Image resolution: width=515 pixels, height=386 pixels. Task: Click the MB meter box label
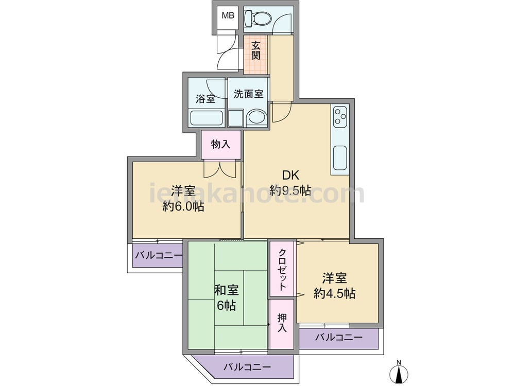228,15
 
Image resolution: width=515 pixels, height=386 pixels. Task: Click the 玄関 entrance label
256,50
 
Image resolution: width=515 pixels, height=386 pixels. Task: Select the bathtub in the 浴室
207,118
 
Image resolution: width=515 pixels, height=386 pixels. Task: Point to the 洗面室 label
249,94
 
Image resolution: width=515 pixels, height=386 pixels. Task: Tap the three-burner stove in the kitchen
339,116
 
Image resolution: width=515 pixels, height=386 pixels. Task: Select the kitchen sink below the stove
340,157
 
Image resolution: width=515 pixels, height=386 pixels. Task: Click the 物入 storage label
221,144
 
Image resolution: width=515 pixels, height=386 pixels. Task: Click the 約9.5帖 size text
290,190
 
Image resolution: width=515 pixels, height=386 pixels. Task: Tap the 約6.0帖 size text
183,206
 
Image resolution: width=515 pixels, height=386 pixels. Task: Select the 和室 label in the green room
226,290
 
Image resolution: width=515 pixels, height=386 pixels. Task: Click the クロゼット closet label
282,270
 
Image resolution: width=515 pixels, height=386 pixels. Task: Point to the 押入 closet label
282,323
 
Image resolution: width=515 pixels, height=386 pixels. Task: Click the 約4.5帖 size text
334,293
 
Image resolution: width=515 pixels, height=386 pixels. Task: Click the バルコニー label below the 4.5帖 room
339,337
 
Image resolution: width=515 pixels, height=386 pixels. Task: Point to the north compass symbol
399,372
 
